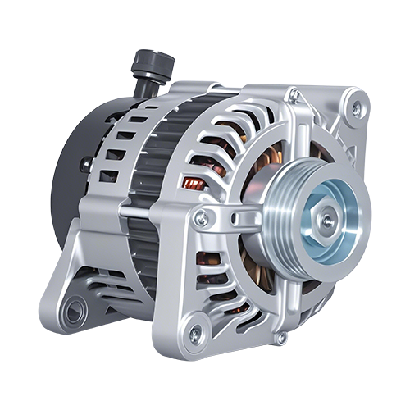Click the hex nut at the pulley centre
(327, 220)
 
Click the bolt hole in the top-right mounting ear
(356, 107)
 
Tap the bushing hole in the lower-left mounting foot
(75, 310)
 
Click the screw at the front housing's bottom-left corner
(194, 334)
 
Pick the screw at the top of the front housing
(293, 96)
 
